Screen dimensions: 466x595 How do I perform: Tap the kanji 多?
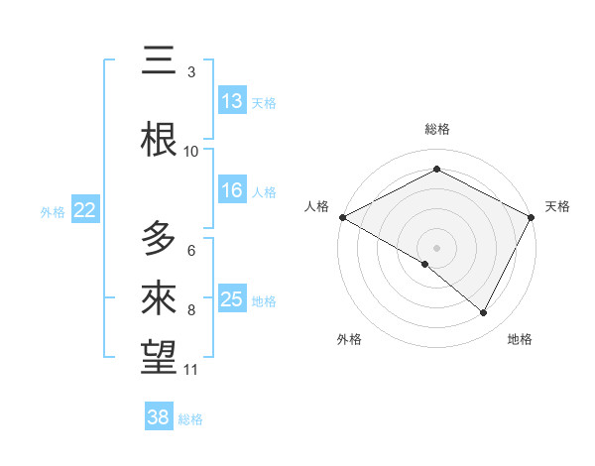pos(159,239)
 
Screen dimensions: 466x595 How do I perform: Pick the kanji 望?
pos(159,356)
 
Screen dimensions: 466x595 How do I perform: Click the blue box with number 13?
pos(232,101)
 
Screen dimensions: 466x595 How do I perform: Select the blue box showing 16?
pos(232,190)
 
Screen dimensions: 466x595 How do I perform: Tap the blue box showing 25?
pos(232,299)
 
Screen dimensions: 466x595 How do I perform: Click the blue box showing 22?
pos(85,209)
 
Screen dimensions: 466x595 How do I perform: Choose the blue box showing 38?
pos(159,417)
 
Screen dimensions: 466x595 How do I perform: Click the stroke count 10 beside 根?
pos(191,151)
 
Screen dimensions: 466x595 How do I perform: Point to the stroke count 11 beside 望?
pos(191,370)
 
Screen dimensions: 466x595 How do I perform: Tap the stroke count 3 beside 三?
pos(191,71)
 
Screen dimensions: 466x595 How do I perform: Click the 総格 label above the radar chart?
pos(436,129)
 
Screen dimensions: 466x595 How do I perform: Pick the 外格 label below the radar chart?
pos(349,339)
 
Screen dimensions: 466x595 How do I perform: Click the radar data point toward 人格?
pos(342,217)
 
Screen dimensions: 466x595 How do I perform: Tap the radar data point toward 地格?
pos(484,313)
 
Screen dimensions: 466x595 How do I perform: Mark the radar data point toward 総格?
pos(436,170)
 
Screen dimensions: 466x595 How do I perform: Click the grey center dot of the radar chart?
pos(436,247)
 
